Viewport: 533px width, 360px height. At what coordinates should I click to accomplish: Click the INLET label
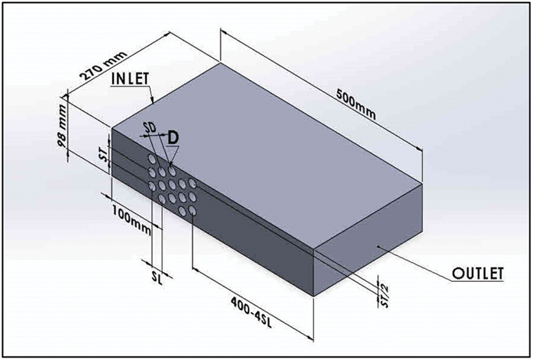130,79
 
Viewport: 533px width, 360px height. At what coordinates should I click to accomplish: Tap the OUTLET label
477,273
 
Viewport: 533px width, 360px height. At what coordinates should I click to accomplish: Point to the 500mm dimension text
356,104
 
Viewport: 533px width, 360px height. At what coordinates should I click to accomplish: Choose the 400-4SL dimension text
251,312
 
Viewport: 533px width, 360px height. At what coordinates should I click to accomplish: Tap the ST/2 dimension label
384,296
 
